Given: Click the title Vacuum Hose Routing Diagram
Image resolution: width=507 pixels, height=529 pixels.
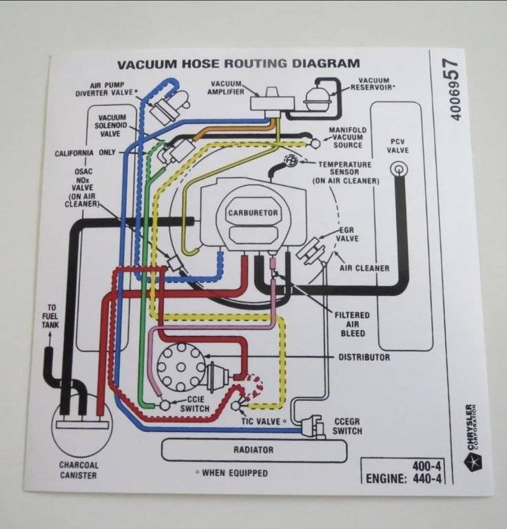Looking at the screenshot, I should [238, 64].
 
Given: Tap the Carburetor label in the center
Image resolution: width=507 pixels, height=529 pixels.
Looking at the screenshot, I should [253, 213].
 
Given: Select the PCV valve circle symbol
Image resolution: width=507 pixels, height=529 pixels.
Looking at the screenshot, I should [398, 168].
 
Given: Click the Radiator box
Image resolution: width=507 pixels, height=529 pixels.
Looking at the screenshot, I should [253, 450].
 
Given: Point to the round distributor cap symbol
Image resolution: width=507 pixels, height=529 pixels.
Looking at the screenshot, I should [181, 362].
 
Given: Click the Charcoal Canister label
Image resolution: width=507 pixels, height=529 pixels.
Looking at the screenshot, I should [78, 470].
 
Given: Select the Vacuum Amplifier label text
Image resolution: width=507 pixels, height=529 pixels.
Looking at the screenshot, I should [227, 87].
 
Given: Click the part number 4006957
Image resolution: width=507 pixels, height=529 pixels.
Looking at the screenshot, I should [455, 90].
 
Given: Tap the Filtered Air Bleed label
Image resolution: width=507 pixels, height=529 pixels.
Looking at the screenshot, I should [351, 324].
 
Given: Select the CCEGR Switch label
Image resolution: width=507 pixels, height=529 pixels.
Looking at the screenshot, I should [347, 426].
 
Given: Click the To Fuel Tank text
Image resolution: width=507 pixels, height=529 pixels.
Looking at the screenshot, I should [50, 315].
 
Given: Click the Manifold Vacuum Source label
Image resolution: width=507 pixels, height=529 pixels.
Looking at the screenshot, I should [347, 138].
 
